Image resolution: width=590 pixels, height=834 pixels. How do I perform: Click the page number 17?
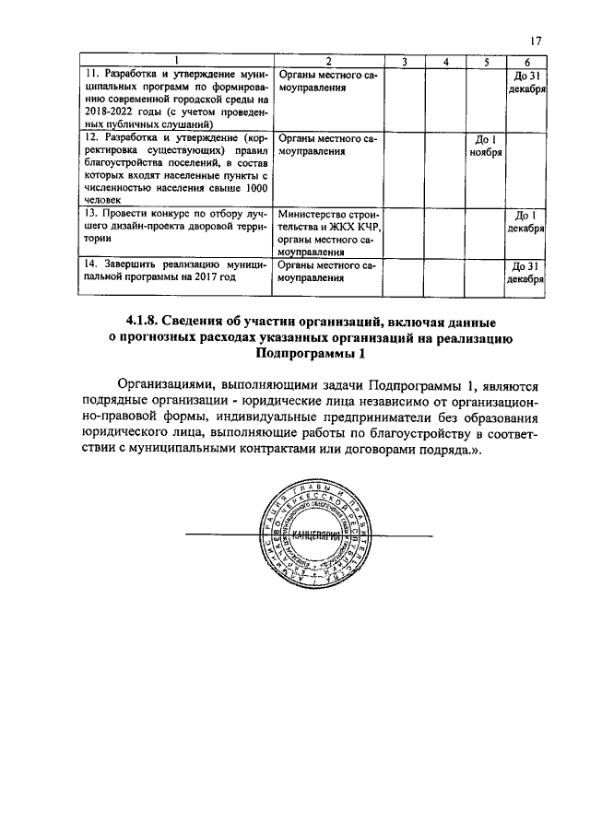pyautogui.click(x=536, y=40)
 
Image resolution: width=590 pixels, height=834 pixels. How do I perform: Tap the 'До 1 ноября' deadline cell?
pyautogui.click(x=483, y=146)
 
